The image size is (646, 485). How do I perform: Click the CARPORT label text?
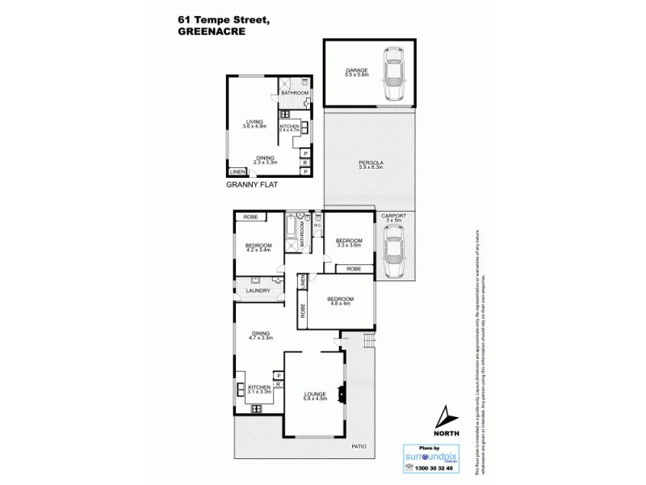click(394, 217)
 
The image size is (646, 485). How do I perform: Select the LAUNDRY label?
click(255, 290)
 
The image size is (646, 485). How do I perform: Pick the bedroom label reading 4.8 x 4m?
click(339, 301)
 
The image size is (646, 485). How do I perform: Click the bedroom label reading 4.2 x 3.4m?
click(258, 248)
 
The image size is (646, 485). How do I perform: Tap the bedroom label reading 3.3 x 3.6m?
click(349, 243)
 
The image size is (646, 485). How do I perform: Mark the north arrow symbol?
click(444, 415)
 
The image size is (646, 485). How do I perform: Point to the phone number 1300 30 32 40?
click(428, 470)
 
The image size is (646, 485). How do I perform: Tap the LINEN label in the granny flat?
click(237, 172)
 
